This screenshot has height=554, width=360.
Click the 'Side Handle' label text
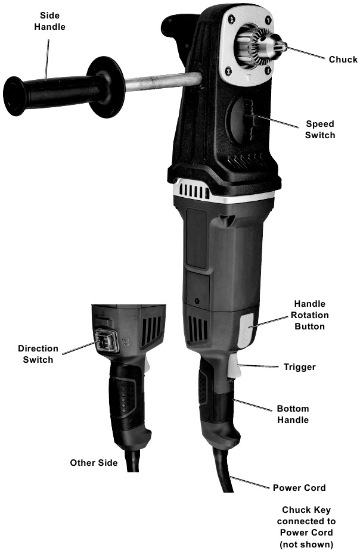click(x=49, y=21)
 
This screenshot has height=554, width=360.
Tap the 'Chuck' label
click(x=343, y=60)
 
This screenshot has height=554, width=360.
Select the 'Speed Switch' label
click(x=320, y=129)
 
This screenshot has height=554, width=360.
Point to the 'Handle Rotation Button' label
click(x=310, y=315)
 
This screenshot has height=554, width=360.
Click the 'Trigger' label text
click(x=300, y=367)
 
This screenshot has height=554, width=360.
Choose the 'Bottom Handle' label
click(x=293, y=414)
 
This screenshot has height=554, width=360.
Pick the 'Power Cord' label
click(x=299, y=487)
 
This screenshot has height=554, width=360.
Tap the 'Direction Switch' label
click(x=38, y=354)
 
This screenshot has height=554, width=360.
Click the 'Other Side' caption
click(x=94, y=463)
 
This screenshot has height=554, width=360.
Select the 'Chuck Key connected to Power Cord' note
click(x=306, y=527)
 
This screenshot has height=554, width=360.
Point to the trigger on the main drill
click(x=234, y=366)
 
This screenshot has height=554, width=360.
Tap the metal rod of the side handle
click(x=163, y=81)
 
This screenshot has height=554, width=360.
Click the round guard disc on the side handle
click(x=106, y=86)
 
